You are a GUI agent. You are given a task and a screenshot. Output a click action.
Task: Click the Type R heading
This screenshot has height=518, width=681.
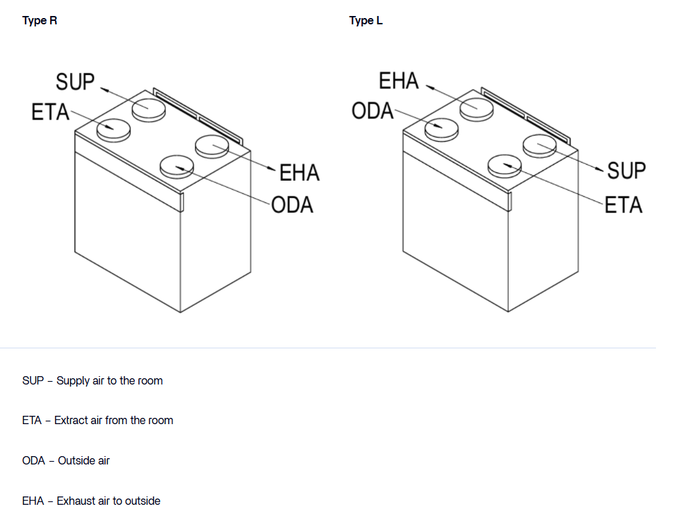tap(40, 21)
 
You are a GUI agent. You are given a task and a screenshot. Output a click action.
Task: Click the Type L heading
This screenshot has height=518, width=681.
tap(366, 21)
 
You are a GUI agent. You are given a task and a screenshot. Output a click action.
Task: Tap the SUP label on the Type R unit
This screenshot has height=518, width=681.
tap(75, 81)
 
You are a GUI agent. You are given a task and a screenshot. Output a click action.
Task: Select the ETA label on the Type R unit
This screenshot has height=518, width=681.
tap(50, 112)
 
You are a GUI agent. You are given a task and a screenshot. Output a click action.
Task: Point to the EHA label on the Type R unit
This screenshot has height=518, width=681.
tap(299, 172)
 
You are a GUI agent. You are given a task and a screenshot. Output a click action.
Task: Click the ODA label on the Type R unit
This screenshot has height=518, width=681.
tap(292, 205)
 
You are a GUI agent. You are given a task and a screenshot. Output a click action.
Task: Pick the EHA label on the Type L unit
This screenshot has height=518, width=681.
tap(399, 81)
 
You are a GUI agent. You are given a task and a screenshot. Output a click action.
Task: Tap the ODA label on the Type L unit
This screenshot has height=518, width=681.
tap(373, 111)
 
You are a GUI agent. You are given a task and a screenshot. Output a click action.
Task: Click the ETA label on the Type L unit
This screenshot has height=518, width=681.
tap(623, 205)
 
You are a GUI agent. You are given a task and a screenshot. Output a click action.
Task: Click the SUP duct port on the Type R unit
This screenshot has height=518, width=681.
tap(149, 108)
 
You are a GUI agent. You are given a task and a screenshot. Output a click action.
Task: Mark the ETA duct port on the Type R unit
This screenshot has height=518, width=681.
tap(114, 129)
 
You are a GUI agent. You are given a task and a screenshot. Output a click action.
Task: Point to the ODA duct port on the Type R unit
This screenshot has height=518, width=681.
tap(177, 167)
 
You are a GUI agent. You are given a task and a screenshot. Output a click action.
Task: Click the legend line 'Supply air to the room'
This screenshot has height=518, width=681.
tap(92, 380)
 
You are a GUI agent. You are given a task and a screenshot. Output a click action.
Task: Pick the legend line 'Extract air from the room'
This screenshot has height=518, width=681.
tap(97, 420)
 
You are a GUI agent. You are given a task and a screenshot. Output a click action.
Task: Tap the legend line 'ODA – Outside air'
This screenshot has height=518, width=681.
tap(66, 460)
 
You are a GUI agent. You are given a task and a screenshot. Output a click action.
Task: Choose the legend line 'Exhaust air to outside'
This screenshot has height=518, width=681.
tap(91, 501)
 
